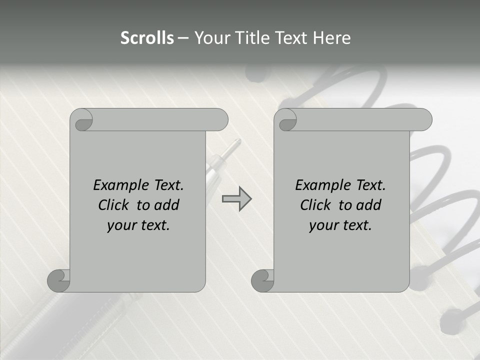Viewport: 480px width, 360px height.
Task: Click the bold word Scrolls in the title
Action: coord(147,38)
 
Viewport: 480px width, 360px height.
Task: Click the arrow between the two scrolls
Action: coord(236,199)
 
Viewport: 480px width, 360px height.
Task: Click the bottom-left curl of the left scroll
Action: coord(58,280)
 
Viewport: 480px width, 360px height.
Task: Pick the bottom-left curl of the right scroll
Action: coord(262,280)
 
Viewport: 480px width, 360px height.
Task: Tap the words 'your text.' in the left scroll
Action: coord(138,225)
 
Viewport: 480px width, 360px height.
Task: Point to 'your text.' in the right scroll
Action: coord(340,225)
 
